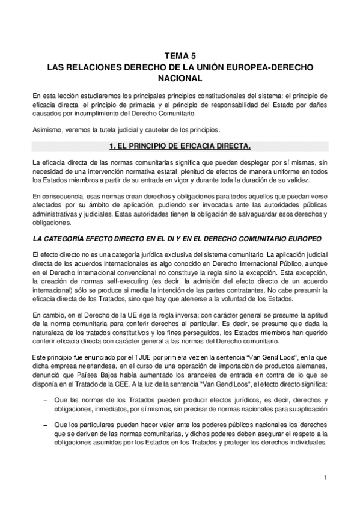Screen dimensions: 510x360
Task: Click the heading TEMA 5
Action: pyautogui.click(x=180, y=55)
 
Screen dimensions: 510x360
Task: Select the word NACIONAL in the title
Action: pyautogui.click(x=180, y=78)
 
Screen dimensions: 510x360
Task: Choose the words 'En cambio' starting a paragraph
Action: pyautogui.click(x=48, y=314)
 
